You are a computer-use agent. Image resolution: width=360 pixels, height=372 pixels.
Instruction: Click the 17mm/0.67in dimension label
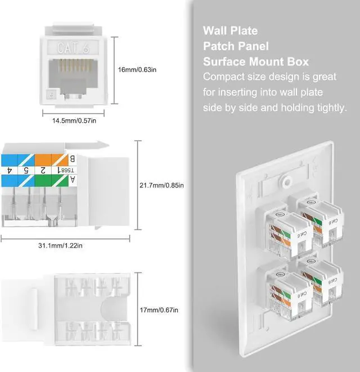[159, 310]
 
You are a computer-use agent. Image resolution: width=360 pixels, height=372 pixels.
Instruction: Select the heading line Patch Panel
[236, 46]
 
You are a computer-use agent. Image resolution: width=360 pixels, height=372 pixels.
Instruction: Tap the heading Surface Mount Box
[256, 61]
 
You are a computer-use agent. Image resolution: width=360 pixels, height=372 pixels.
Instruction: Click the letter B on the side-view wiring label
[71, 158]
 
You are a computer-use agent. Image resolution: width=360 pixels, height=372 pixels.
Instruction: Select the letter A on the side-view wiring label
[71, 180]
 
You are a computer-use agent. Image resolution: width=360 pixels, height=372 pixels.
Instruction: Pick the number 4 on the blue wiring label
[10, 169]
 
